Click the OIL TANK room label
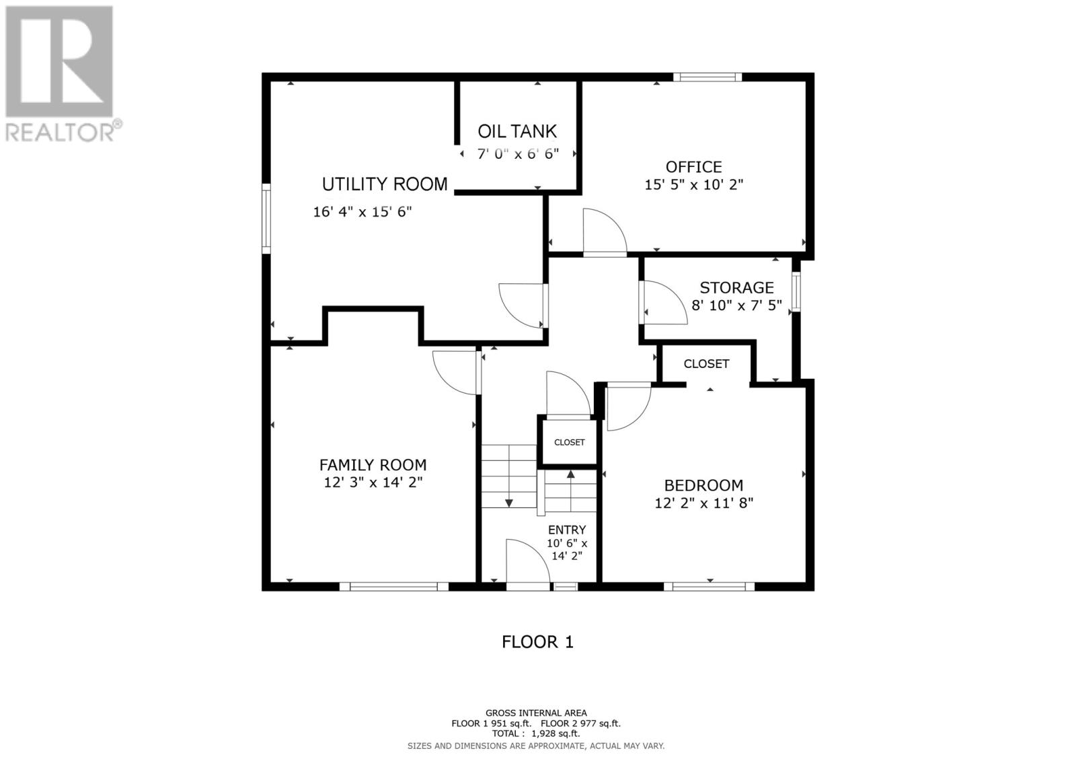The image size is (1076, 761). (x=517, y=131)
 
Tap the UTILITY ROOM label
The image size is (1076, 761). (x=384, y=184)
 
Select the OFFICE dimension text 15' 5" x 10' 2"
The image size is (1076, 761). (x=693, y=184)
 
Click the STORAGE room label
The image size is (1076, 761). (x=736, y=287)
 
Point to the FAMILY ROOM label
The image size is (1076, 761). (x=373, y=465)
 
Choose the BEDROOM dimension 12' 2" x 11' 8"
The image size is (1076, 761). (x=703, y=503)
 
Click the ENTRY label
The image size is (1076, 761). (x=567, y=530)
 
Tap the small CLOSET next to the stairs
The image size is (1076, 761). (x=569, y=442)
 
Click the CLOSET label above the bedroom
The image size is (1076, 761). (x=706, y=364)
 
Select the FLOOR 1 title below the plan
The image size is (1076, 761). (x=537, y=643)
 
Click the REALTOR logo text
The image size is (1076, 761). (x=60, y=131)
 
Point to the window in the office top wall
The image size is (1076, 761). (x=707, y=77)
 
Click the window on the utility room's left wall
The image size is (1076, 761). (x=266, y=218)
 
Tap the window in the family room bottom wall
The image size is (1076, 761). (x=394, y=586)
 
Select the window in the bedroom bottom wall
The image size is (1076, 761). (x=709, y=586)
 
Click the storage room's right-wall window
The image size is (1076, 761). (x=796, y=291)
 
